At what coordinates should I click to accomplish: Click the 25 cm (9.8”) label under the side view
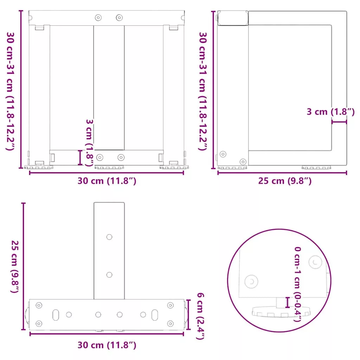coord(285,181)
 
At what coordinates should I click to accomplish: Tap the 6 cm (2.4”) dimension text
coord(200,316)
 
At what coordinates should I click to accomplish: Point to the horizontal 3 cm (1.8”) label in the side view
coord(330,111)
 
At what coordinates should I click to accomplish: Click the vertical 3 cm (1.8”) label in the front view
coord(89,143)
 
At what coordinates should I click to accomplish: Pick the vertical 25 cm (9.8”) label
coord(15,266)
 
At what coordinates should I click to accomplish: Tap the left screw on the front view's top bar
coord(98,18)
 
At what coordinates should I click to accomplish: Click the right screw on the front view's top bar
coord(119,18)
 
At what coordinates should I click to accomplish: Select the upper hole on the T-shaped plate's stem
coord(109,237)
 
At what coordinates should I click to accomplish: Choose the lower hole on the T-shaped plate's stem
coord(109,275)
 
